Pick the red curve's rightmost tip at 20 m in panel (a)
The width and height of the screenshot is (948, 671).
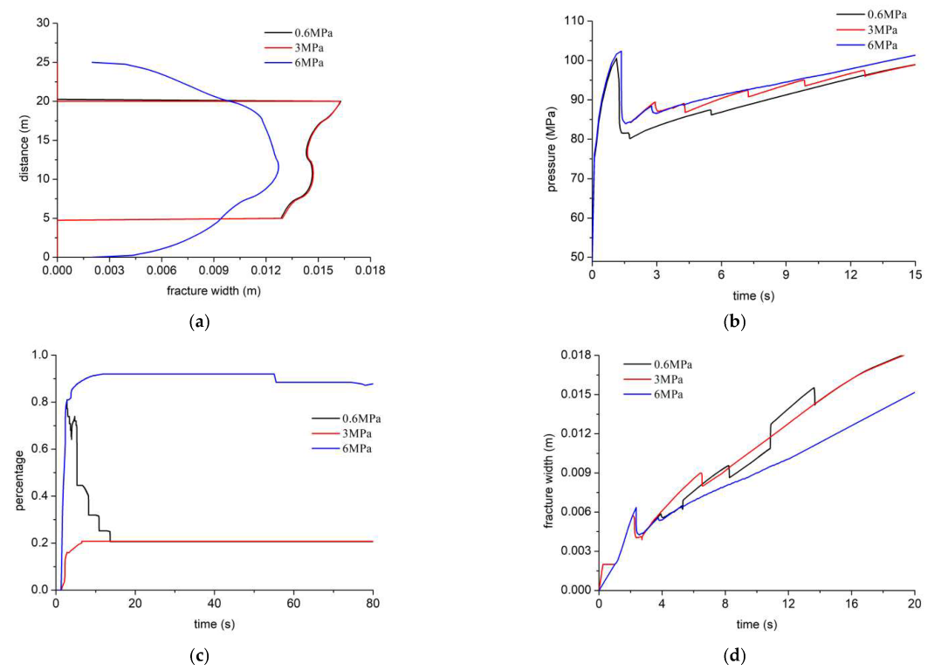[x=340, y=101]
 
